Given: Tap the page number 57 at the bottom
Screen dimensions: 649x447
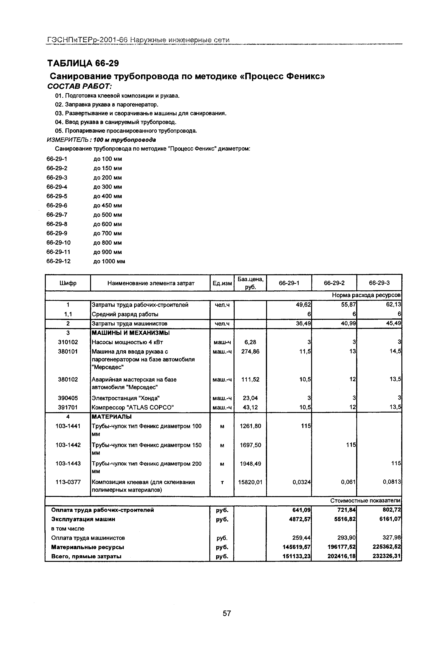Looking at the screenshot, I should tap(227, 613).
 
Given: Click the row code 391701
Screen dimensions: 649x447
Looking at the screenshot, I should tap(68, 407).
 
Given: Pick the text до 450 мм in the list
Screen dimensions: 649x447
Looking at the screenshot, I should tap(107, 206).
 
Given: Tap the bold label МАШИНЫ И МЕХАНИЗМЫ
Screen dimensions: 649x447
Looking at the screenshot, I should tap(131, 333).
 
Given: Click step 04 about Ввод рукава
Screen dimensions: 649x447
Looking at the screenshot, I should tap(116, 122).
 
